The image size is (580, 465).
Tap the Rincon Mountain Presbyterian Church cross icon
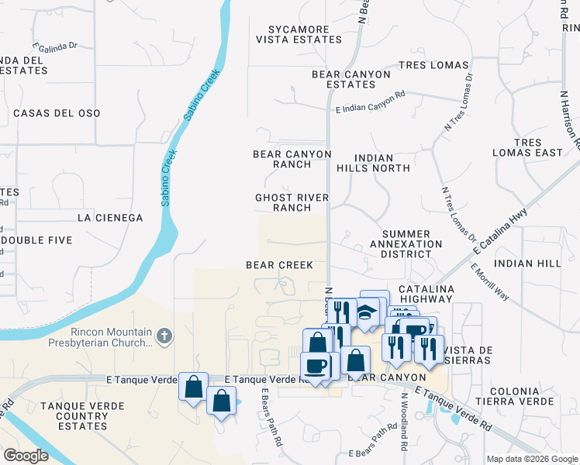click(163, 336)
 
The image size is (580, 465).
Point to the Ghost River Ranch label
click(292, 203)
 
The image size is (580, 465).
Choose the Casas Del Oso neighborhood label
click(57, 113)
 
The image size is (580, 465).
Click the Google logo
click(26, 456)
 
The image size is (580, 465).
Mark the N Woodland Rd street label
click(404, 422)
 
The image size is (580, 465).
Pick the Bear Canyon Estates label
click(351, 79)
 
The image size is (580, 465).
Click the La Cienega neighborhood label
click(109, 219)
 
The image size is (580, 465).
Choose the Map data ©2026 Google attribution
click(531, 459)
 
